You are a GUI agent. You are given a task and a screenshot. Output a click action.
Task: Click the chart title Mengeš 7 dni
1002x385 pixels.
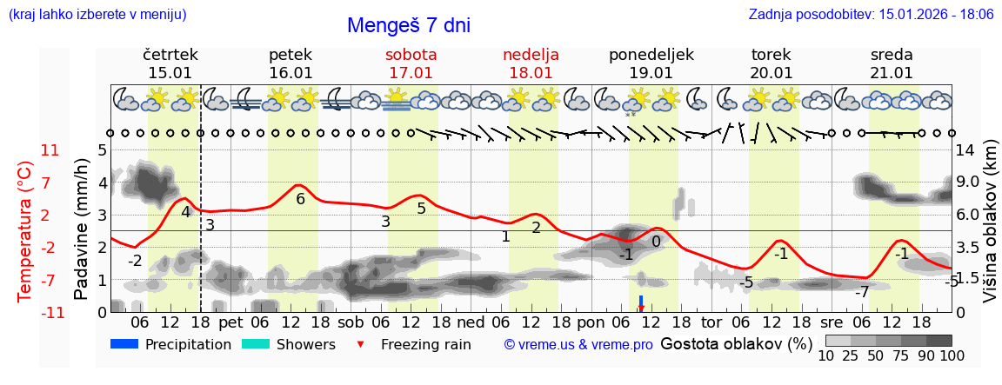click(x=408, y=25)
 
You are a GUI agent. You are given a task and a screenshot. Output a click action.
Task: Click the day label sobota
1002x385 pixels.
click(x=411, y=55)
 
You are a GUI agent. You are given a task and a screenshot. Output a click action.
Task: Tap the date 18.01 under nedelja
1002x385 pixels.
click(x=531, y=73)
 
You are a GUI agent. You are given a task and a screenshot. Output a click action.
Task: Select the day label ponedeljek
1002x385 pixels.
click(x=651, y=55)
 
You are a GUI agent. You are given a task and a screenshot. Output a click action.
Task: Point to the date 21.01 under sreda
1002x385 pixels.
click(x=892, y=73)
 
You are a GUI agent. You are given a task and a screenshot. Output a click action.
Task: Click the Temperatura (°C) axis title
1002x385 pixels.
click(x=25, y=230)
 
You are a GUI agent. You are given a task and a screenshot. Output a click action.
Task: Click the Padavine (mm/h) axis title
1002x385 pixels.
click(x=81, y=230)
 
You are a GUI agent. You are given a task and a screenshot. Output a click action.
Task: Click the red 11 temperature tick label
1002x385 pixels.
click(x=50, y=150)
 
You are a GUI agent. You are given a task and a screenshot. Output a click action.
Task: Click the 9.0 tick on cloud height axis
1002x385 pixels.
click(x=967, y=183)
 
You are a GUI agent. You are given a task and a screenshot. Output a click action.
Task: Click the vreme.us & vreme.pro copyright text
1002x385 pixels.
click(x=578, y=344)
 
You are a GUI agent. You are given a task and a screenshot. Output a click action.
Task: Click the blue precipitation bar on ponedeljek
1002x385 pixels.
click(x=641, y=301)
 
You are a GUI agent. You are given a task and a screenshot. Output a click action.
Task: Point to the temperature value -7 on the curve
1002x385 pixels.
click(x=861, y=291)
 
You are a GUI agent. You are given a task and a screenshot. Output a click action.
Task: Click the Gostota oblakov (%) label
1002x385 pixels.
click(x=736, y=343)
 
